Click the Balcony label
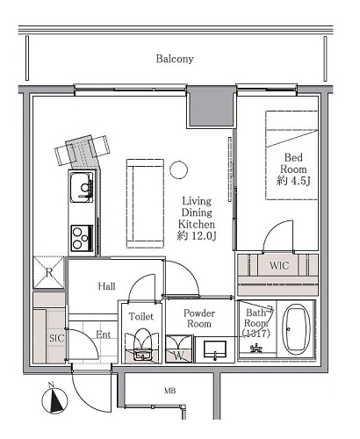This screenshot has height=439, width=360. (x=175, y=59)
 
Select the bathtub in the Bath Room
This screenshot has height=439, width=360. (x=296, y=330)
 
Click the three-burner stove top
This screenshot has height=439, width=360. (x=82, y=238)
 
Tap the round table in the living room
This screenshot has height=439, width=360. (x=178, y=169)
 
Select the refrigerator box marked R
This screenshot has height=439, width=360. (x=48, y=272)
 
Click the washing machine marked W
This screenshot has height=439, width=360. (x=179, y=349)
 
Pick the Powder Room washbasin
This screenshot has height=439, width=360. (x=214, y=349)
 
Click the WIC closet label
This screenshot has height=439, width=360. (x=279, y=266)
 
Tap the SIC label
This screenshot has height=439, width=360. (x=56, y=338)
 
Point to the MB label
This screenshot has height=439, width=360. (x=169, y=391)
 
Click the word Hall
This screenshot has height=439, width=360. (x=106, y=286)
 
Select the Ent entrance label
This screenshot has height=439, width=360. (x=104, y=335)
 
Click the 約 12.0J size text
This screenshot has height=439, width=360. (x=197, y=236)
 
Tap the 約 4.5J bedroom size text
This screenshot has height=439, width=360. (x=293, y=181)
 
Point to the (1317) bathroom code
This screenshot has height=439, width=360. (x=256, y=334)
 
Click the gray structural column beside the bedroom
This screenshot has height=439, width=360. (x=211, y=107)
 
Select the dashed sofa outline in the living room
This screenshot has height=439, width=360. (x=146, y=204)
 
